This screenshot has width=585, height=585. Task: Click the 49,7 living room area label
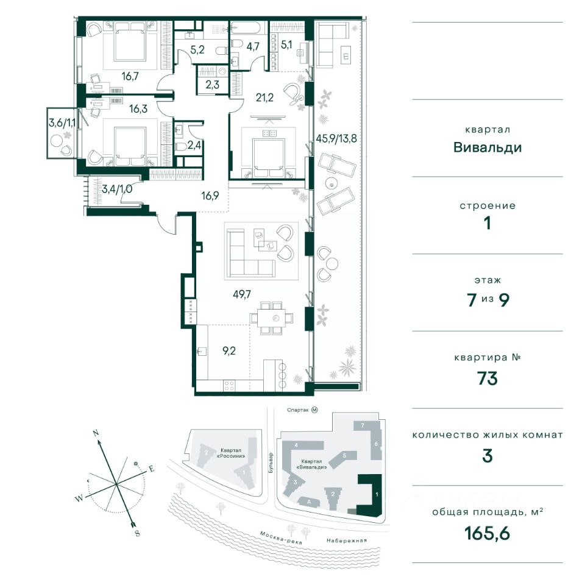[x=242, y=294]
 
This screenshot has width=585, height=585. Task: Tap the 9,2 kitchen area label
[x=229, y=351]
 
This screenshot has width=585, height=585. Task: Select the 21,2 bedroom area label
[x=264, y=97]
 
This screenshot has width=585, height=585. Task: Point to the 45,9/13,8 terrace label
[x=336, y=138]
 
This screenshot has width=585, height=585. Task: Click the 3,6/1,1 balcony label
[x=62, y=122]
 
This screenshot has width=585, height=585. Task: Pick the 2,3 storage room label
[x=212, y=85]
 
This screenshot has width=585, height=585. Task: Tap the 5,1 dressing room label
[x=286, y=45]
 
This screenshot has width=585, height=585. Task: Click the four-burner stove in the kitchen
[x=230, y=385]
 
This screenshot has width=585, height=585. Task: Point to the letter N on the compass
[x=96, y=433]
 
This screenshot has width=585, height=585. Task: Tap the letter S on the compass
[x=137, y=533]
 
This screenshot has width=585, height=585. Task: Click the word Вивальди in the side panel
[x=487, y=147]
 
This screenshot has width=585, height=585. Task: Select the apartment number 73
[x=487, y=378]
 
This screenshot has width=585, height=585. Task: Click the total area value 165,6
[x=487, y=533]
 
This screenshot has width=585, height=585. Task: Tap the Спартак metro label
[x=298, y=410]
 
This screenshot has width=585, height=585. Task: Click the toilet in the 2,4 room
[x=180, y=147]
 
